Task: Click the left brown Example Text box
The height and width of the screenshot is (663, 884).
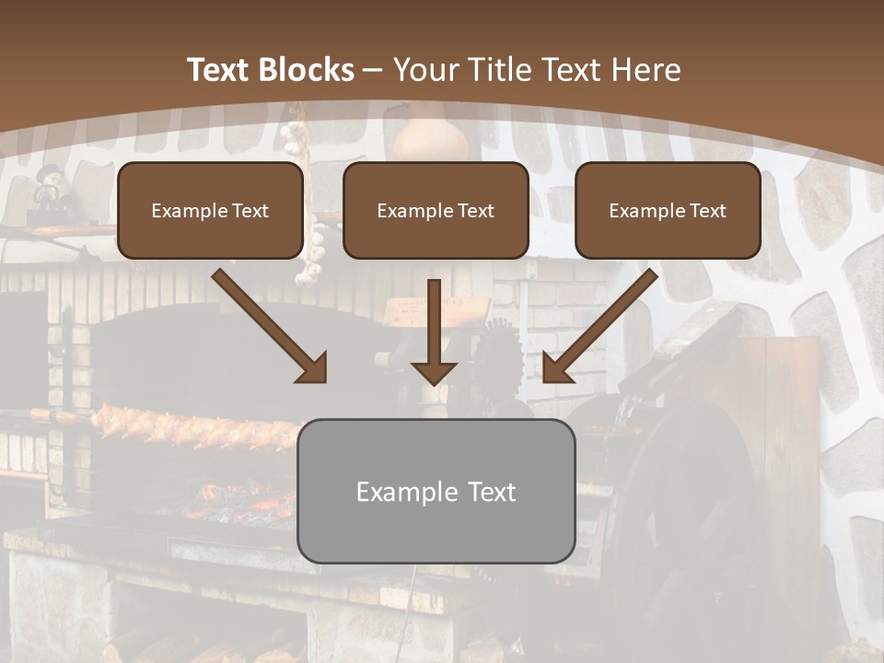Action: click(x=210, y=211)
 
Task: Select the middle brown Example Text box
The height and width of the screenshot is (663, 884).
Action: click(x=436, y=211)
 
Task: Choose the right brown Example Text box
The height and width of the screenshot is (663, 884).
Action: click(x=668, y=211)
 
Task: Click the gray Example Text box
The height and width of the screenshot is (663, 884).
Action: click(x=436, y=492)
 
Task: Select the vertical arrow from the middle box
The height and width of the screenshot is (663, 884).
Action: click(x=434, y=327)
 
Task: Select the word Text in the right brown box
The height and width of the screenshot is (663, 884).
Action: click(x=707, y=211)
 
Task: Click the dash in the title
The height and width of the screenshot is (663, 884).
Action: click(x=374, y=70)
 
